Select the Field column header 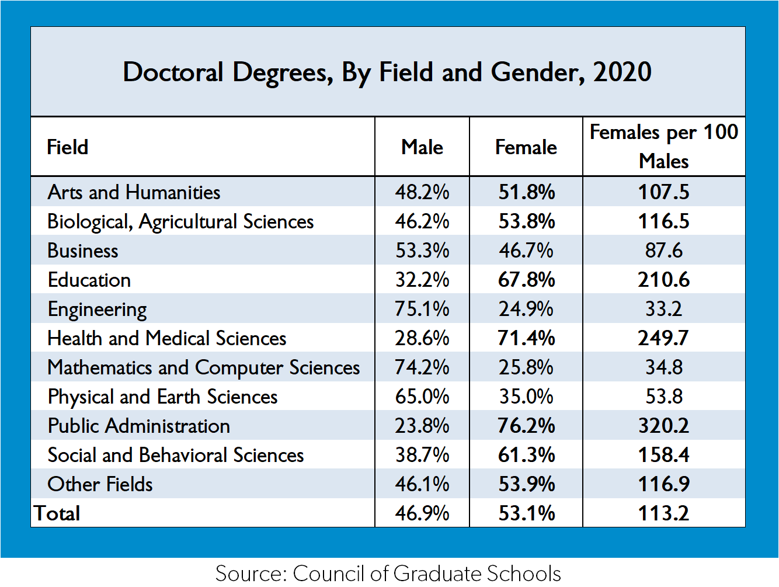coord(67,147)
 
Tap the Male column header coord(422,147)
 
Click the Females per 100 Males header coord(664,147)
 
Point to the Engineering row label coord(98,310)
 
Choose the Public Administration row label coord(139,426)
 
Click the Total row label coord(57,513)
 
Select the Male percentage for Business coord(422,251)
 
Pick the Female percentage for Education coord(526,280)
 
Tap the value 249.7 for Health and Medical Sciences coord(663,338)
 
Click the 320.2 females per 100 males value coord(663,426)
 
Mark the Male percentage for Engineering coord(422,309)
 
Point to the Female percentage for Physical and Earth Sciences coord(526,397)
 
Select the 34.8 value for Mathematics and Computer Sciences coord(663,367)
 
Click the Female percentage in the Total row coord(527,513)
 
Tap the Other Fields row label coord(100,484)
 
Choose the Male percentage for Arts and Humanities coord(422,192)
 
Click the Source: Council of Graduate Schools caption coord(388,573)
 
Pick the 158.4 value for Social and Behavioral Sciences coord(663,455)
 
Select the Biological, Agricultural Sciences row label coord(180,222)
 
